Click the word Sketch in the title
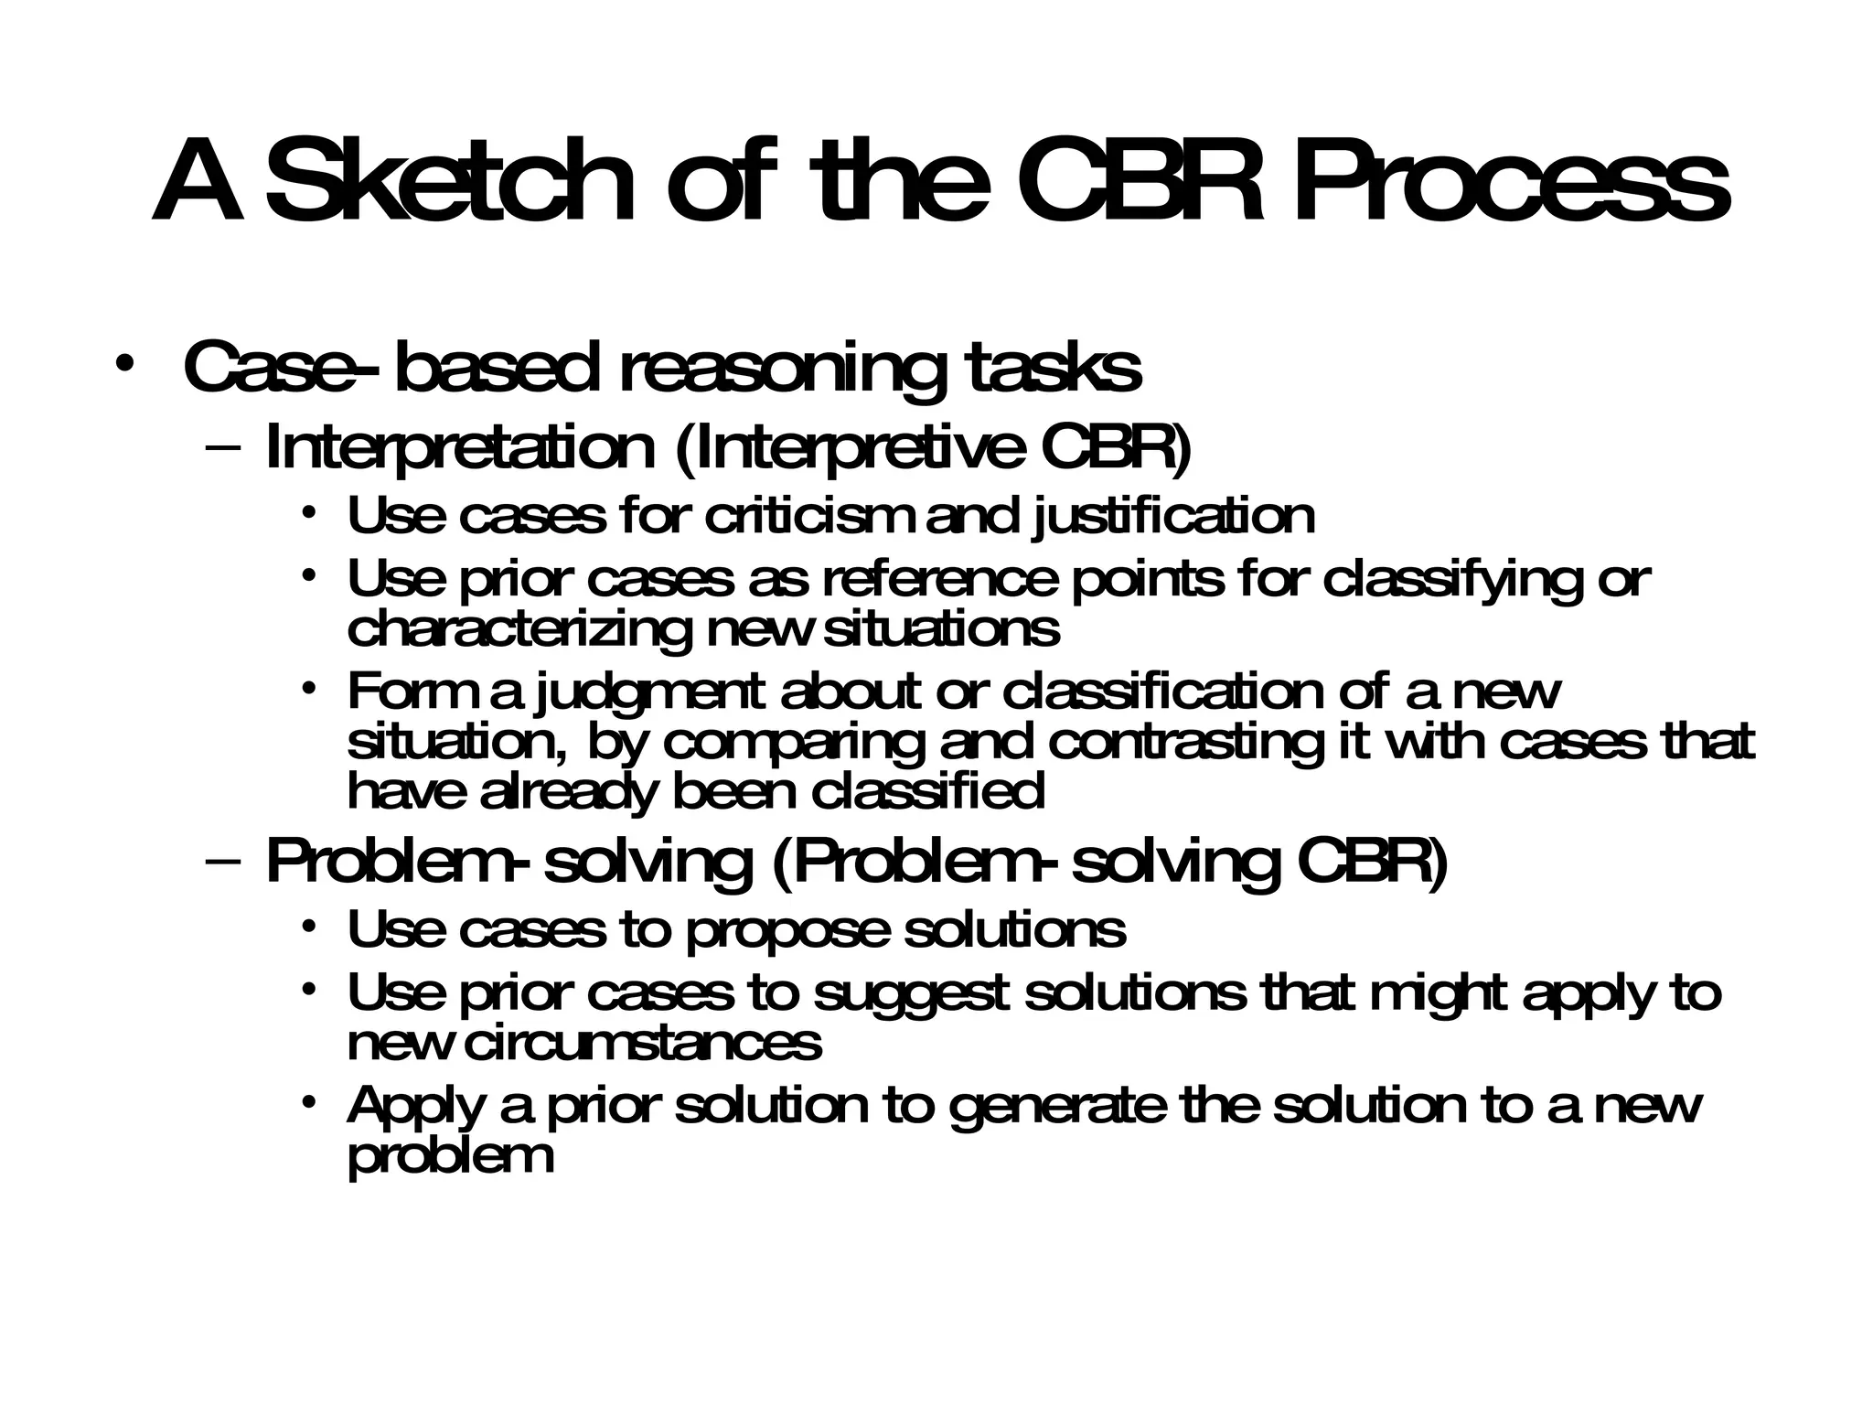point(448,180)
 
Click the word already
point(567,791)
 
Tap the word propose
point(787,931)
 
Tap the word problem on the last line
point(451,1156)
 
